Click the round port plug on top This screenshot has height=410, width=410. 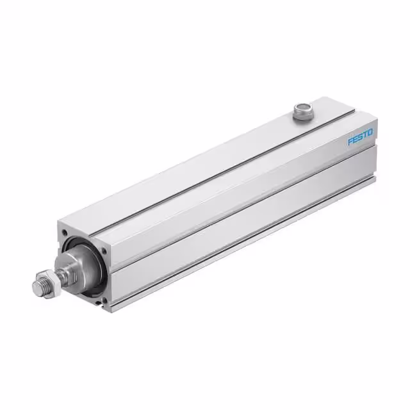coord(300,111)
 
